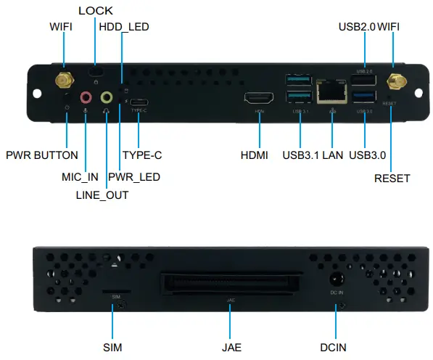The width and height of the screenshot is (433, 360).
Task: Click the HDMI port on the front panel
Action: (x=258, y=98)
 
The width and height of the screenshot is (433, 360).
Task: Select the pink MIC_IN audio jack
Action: (x=86, y=97)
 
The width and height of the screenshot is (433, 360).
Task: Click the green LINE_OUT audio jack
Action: (x=107, y=97)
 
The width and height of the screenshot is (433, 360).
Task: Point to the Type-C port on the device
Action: (x=138, y=102)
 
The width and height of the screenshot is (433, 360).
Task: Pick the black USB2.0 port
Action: (x=365, y=82)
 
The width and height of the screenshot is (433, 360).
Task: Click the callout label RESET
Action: (x=392, y=178)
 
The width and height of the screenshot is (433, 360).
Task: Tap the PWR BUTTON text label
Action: (x=41, y=155)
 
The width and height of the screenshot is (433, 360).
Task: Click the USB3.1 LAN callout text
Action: (x=313, y=155)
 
